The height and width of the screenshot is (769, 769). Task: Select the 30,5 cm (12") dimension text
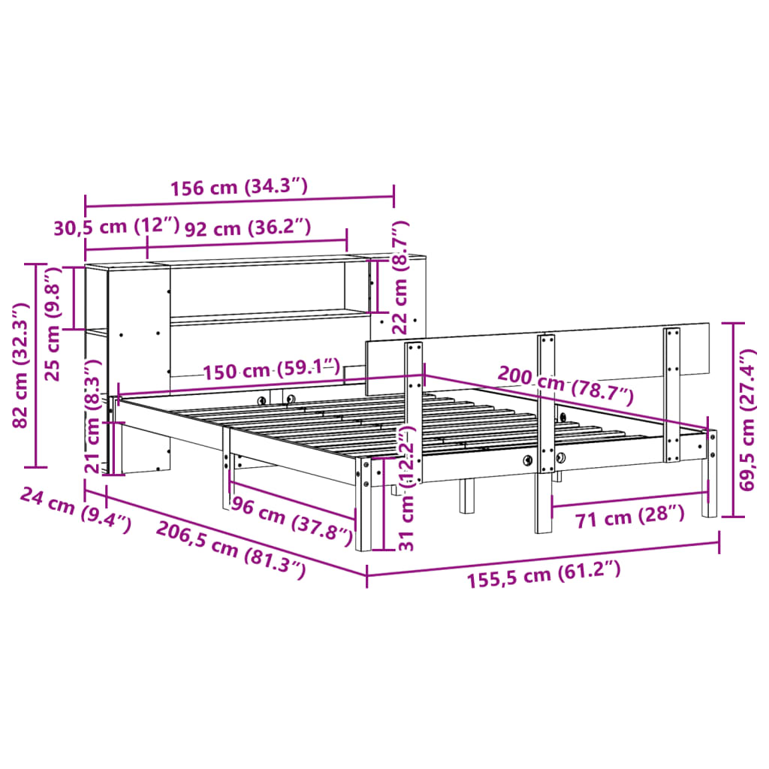tap(116, 227)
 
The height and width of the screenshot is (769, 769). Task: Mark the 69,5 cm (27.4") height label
tap(746, 419)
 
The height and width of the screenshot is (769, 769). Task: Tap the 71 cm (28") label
tap(629, 516)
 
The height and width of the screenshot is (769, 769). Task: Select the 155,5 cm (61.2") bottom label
tap(544, 572)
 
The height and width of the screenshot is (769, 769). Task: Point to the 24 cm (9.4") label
tap(75, 509)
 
